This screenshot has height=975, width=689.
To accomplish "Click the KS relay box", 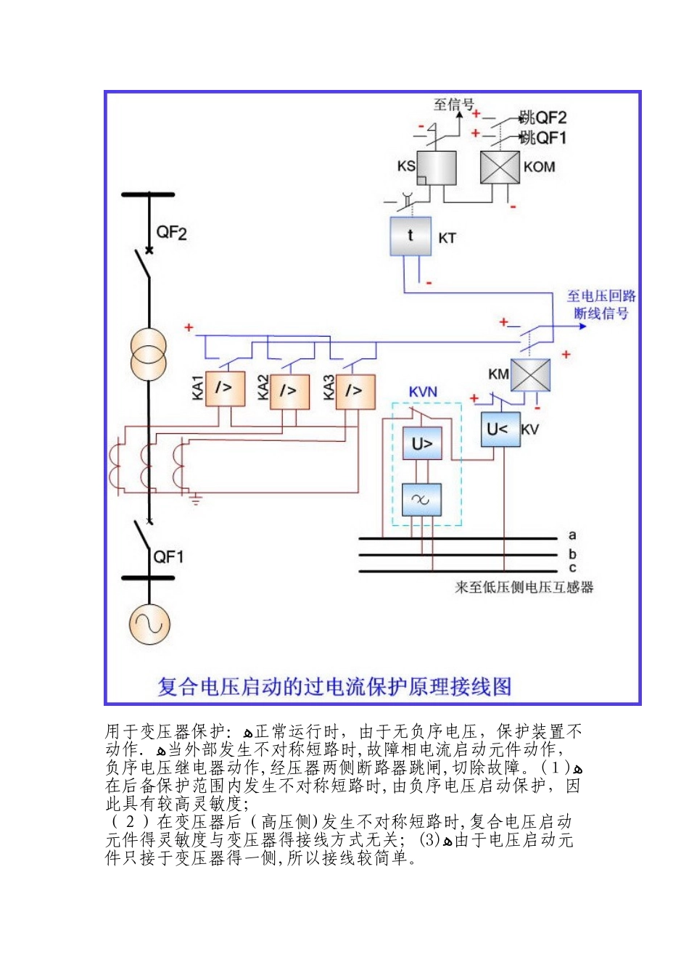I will pyautogui.click(x=437, y=168).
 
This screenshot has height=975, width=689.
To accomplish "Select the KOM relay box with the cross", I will pyautogui.click(x=500, y=167).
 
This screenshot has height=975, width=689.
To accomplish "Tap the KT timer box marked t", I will pyautogui.click(x=410, y=236).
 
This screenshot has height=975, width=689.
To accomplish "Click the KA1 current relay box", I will pyautogui.click(x=224, y=389).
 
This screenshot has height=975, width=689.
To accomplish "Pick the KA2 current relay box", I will pyautogui.click(x=289, y=391).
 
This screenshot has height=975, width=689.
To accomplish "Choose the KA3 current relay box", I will pyautogui.click(x=355, y=391).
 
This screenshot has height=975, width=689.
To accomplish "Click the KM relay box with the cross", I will pyautogui.click(x=530, y=375).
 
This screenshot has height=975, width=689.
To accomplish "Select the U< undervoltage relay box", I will pyautogui.click(x=500, y=429).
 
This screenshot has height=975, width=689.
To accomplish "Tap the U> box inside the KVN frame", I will pyautogui.click(x=422, y=443).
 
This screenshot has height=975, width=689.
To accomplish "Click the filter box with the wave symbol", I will pyautogui.click(x=421, y=499).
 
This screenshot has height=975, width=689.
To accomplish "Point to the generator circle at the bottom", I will pyautogui.click(x=149, y=624).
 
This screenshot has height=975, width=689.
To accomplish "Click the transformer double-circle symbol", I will pyautogui.click(x=149, y=354).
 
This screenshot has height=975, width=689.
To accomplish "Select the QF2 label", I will pyautogui.click(x=171, y=233).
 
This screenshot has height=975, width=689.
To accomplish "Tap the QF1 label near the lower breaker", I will pyautogui.click(x=168, y=557).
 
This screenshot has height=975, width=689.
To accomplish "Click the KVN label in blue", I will pyautogui.click(x=423, y=392).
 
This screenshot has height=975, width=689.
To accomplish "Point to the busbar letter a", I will pyautogui.click(x=572, y=535).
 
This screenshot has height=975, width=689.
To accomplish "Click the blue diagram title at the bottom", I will pyautogui.click(x=334, y=686).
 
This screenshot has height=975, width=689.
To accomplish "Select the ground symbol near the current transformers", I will pyautogui.click(x=195, y=498).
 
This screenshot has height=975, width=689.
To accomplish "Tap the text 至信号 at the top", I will pyautogui.click(x=453, y=104).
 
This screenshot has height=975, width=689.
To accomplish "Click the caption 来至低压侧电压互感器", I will pyautogui.click(x=524, y=587).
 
